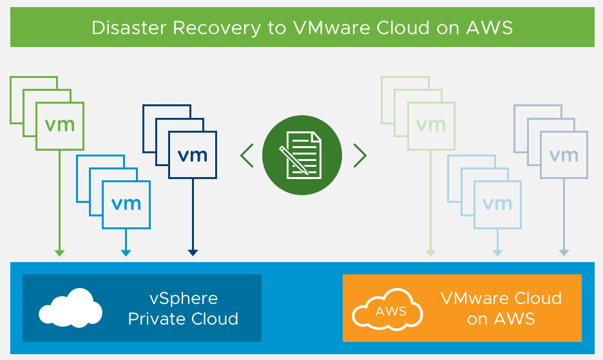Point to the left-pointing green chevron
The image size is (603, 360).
247,155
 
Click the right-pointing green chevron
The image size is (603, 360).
359,155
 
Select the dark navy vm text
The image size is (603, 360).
192,155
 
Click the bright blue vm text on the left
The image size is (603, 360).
126,204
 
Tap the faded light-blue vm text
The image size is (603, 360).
497,204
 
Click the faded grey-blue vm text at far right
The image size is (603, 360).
564,155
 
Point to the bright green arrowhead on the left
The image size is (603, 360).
59,252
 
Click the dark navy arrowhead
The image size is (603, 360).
192,252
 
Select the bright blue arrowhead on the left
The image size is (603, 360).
126,252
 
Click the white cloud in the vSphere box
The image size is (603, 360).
70,307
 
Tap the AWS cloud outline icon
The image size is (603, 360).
388,310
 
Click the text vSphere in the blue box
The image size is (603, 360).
184,299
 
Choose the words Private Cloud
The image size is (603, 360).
184,319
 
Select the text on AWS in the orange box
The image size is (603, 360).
501,319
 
